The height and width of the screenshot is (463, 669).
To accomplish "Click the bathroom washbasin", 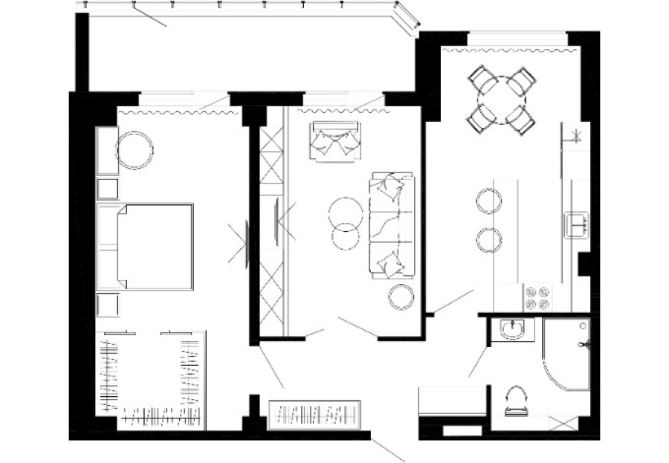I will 512,328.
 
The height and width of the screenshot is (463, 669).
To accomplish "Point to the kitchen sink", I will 577,224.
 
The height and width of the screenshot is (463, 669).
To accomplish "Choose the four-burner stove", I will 537,297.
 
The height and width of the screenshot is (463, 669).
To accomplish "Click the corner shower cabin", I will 564,353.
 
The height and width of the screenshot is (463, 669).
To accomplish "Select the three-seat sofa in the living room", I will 391,225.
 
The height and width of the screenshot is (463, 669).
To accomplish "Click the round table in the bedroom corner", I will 135,149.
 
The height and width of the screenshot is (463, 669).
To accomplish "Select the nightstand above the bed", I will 109,188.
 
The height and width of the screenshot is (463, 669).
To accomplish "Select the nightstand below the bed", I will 109,305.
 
